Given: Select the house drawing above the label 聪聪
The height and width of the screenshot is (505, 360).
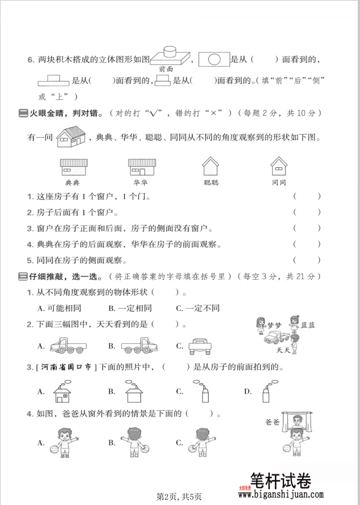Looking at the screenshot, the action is point(210,166).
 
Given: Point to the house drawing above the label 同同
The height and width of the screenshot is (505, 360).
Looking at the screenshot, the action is point(278,166).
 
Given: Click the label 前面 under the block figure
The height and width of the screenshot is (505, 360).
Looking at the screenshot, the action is point(166,69).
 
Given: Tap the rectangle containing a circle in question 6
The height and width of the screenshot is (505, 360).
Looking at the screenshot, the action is point(214,58).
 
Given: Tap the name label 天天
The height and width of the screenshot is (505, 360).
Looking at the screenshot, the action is point(284,350).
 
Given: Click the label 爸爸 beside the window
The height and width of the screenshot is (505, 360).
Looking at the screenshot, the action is point(273,422).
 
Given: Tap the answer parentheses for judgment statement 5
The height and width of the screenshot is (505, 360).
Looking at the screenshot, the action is point(307,260).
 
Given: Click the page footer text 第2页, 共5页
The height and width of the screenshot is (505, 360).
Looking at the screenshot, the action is point(179,496).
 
